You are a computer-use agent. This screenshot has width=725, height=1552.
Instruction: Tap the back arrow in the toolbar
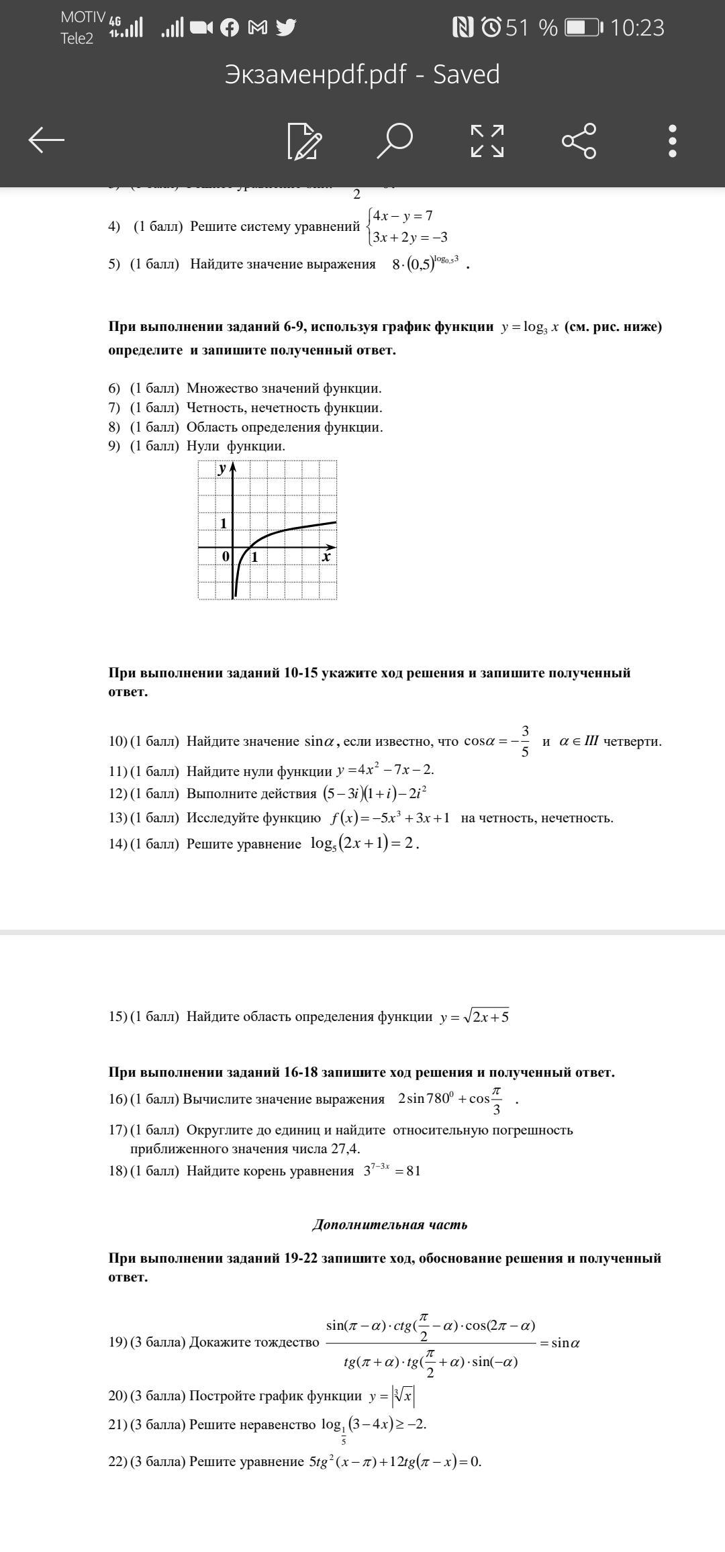46,140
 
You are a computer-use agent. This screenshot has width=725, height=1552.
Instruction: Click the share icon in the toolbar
579,140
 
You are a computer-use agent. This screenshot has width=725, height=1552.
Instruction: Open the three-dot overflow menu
673,140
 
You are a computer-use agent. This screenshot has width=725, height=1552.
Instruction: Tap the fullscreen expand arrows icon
487,140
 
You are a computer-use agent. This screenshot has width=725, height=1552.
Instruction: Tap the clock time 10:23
637,28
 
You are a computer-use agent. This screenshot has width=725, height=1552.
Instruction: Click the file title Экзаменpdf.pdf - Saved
362,75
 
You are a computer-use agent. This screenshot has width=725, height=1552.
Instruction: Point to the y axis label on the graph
222,469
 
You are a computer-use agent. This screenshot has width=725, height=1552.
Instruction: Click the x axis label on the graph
326,556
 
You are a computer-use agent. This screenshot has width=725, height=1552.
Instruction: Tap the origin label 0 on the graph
226,556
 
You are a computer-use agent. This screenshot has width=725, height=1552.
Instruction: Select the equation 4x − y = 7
403,215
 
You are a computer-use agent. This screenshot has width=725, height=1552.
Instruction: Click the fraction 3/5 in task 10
525,741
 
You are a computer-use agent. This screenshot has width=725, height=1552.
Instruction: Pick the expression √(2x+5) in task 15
486,1016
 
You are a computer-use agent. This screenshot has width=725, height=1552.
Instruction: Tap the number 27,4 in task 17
346,1148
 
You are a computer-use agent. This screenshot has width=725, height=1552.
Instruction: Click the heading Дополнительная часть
390,1224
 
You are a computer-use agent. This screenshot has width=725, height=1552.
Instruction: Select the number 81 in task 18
414,1171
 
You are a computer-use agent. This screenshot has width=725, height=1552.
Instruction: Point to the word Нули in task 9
203,446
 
